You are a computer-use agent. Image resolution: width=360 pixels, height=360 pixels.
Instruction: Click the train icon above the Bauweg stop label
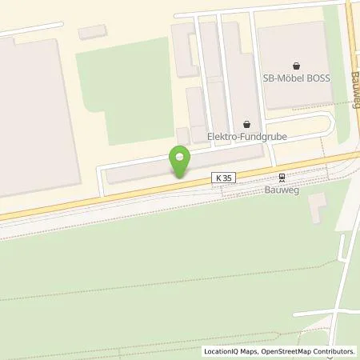pyautogui.click(x=281, y=178)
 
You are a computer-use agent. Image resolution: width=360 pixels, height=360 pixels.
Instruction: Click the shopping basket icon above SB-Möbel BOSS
pyautogui.click(x=297, y=66)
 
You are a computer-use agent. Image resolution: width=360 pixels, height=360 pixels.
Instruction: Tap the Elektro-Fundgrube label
pyautogui.click(x=246, y=138)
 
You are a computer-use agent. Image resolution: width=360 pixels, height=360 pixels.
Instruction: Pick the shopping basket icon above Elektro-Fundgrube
pyautogui.click(x=246, y=124)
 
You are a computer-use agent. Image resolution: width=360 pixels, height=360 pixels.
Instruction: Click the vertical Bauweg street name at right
pyautogui.click(x=354, y=87)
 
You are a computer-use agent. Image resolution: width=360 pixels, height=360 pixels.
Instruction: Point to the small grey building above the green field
pyautogui.click(x=93, y=32)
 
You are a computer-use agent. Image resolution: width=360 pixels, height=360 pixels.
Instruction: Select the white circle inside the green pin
pyautogui.click(x=179, y=155)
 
